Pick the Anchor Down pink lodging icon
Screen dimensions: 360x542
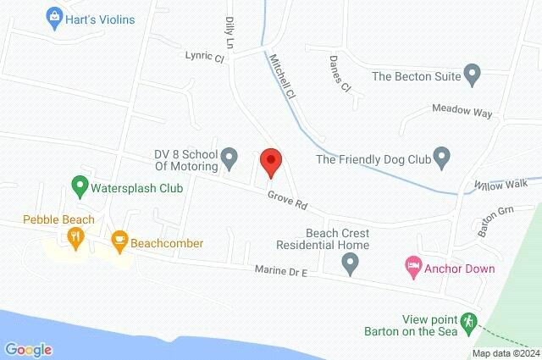pos(412,269)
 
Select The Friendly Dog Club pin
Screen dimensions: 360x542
pos(441,158)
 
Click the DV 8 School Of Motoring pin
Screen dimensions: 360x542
pos(229,158)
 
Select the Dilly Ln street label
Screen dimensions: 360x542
pos(230,31)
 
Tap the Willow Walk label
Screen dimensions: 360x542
pos(501,184)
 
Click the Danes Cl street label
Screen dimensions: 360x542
pos(340,73)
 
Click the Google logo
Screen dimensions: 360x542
pos(28,349)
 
